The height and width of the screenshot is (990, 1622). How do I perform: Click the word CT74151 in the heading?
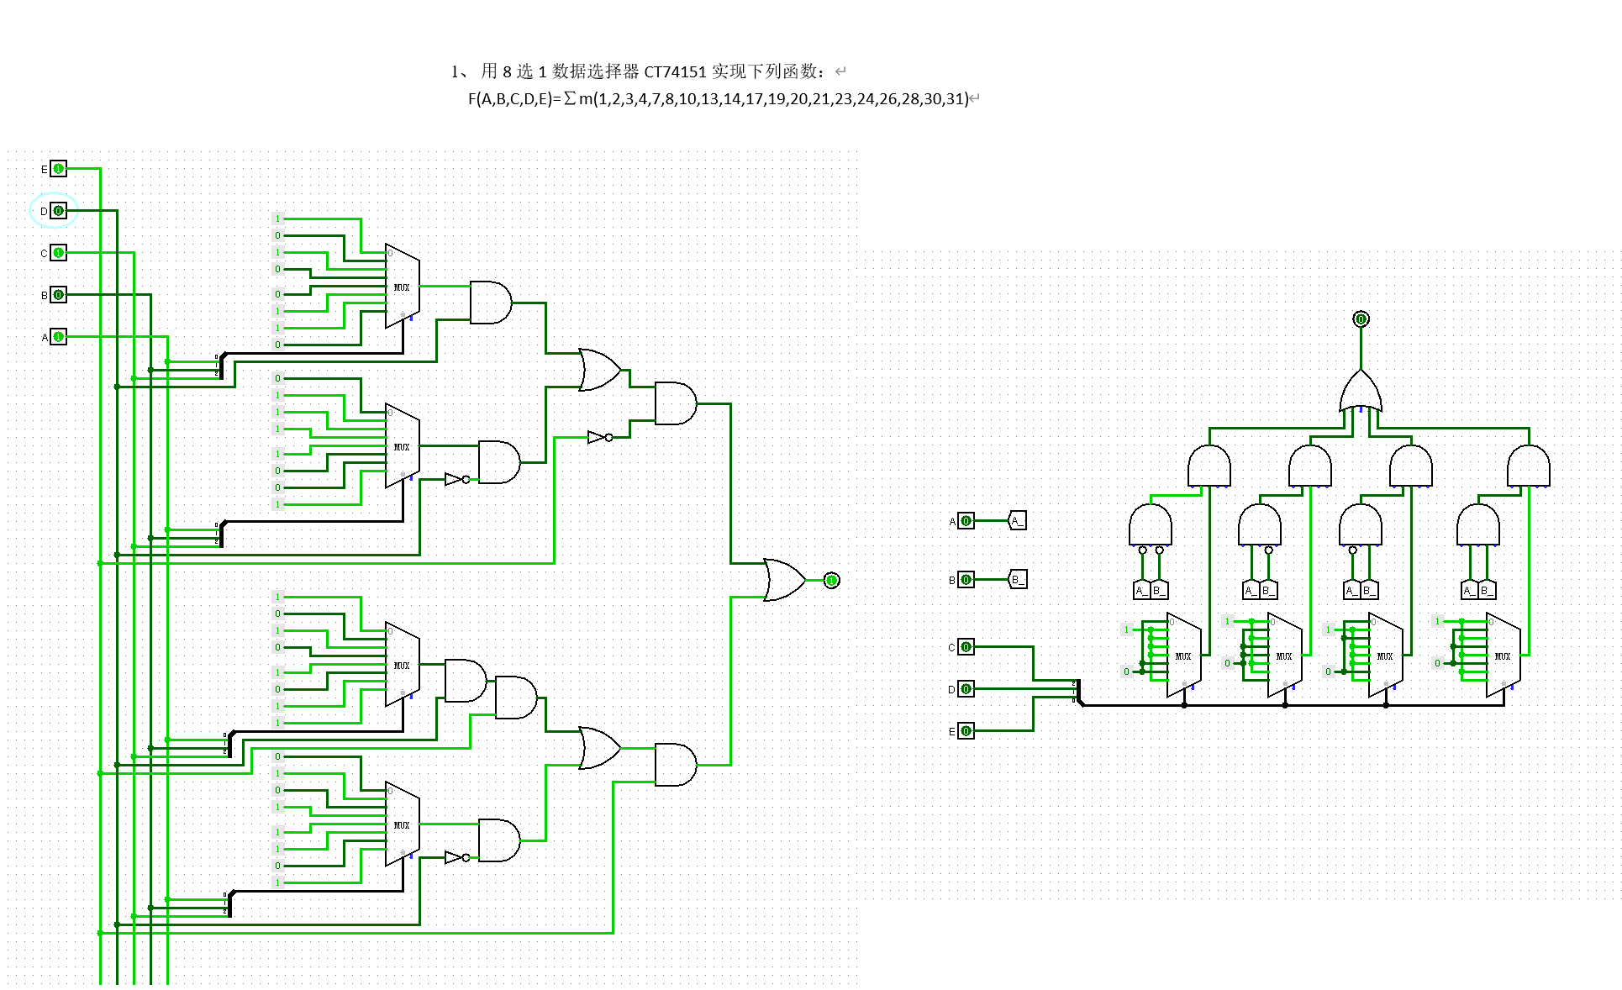[x=675, y=71]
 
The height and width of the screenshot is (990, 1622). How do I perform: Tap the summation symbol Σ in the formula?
[x=570, y=99]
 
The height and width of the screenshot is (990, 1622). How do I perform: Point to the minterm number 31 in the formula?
[x=956, y=99]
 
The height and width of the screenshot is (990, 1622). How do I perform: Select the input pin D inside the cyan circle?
[x=58, y=211]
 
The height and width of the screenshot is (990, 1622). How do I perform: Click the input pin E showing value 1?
[x=58, y=169]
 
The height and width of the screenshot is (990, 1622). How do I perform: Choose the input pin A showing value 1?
[x=58, y=337]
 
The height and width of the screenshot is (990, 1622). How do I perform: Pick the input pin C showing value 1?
[x=58, y=253]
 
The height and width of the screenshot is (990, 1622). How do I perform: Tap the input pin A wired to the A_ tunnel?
[x=966, y=521]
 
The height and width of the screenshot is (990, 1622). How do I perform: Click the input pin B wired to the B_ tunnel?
[x=966, y=580]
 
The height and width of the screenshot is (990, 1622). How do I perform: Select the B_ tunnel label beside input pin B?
[x=1017, y=580]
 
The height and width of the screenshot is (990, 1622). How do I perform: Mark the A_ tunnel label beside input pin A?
[x=1017, y=521]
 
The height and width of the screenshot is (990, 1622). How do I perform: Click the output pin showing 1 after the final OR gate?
[x=831, y=581]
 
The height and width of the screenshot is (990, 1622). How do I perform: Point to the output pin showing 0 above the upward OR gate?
[x=1361, y=319]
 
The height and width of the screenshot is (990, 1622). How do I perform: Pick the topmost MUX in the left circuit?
[x=402, y=287]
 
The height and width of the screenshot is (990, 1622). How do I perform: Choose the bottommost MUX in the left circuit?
[x=402, y=824]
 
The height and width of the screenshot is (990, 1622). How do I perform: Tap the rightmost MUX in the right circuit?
[x=1503, y=656]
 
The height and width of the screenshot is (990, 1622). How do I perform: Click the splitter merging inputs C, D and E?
[x=1077, y=692]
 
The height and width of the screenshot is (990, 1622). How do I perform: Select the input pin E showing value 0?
[x=966, y=731]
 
